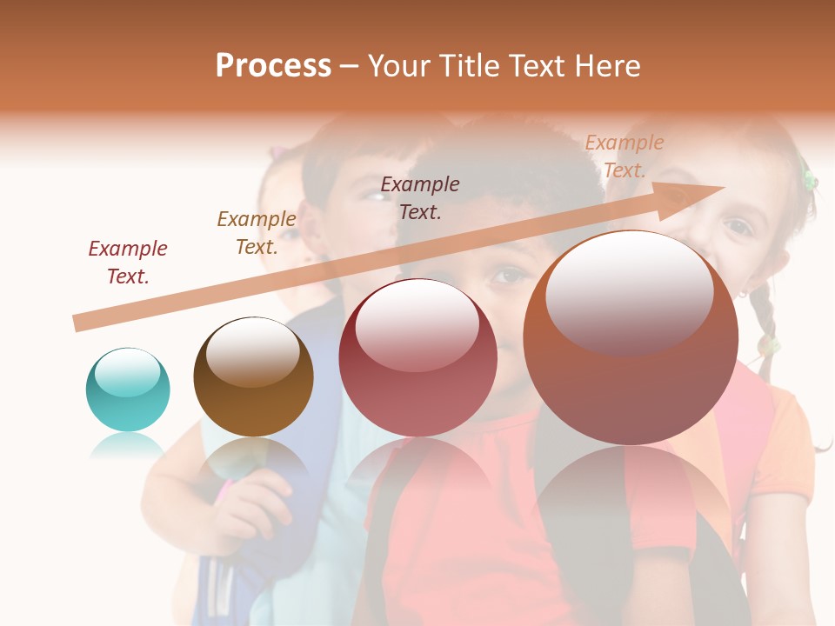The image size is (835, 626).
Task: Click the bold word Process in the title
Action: pyautogui.click(x=273, y=66)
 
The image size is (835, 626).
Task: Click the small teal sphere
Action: pyautogui.click(x=128, y=390)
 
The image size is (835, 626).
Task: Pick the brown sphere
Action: pyautogui.click(x=253, y=376)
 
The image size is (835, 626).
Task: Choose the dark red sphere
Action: pyautogui.click(x=417, y=357)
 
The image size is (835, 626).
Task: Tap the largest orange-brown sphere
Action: pyautogui.click(x=631, y=337)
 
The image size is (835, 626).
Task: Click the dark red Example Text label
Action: pyautogui.click(x=128, y=263)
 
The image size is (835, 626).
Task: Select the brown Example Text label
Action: pyautogui.click(x=257, y=233)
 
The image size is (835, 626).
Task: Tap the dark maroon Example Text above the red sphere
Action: pyautogui.click(x=420, y=197)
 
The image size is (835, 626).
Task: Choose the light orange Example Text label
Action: pyautogui.click(x=624, y=156)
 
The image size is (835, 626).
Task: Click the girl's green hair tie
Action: pyautogui.click(x=809, y=179)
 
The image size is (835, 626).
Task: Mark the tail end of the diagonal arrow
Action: pyautogui.click(x=78, y=323)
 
